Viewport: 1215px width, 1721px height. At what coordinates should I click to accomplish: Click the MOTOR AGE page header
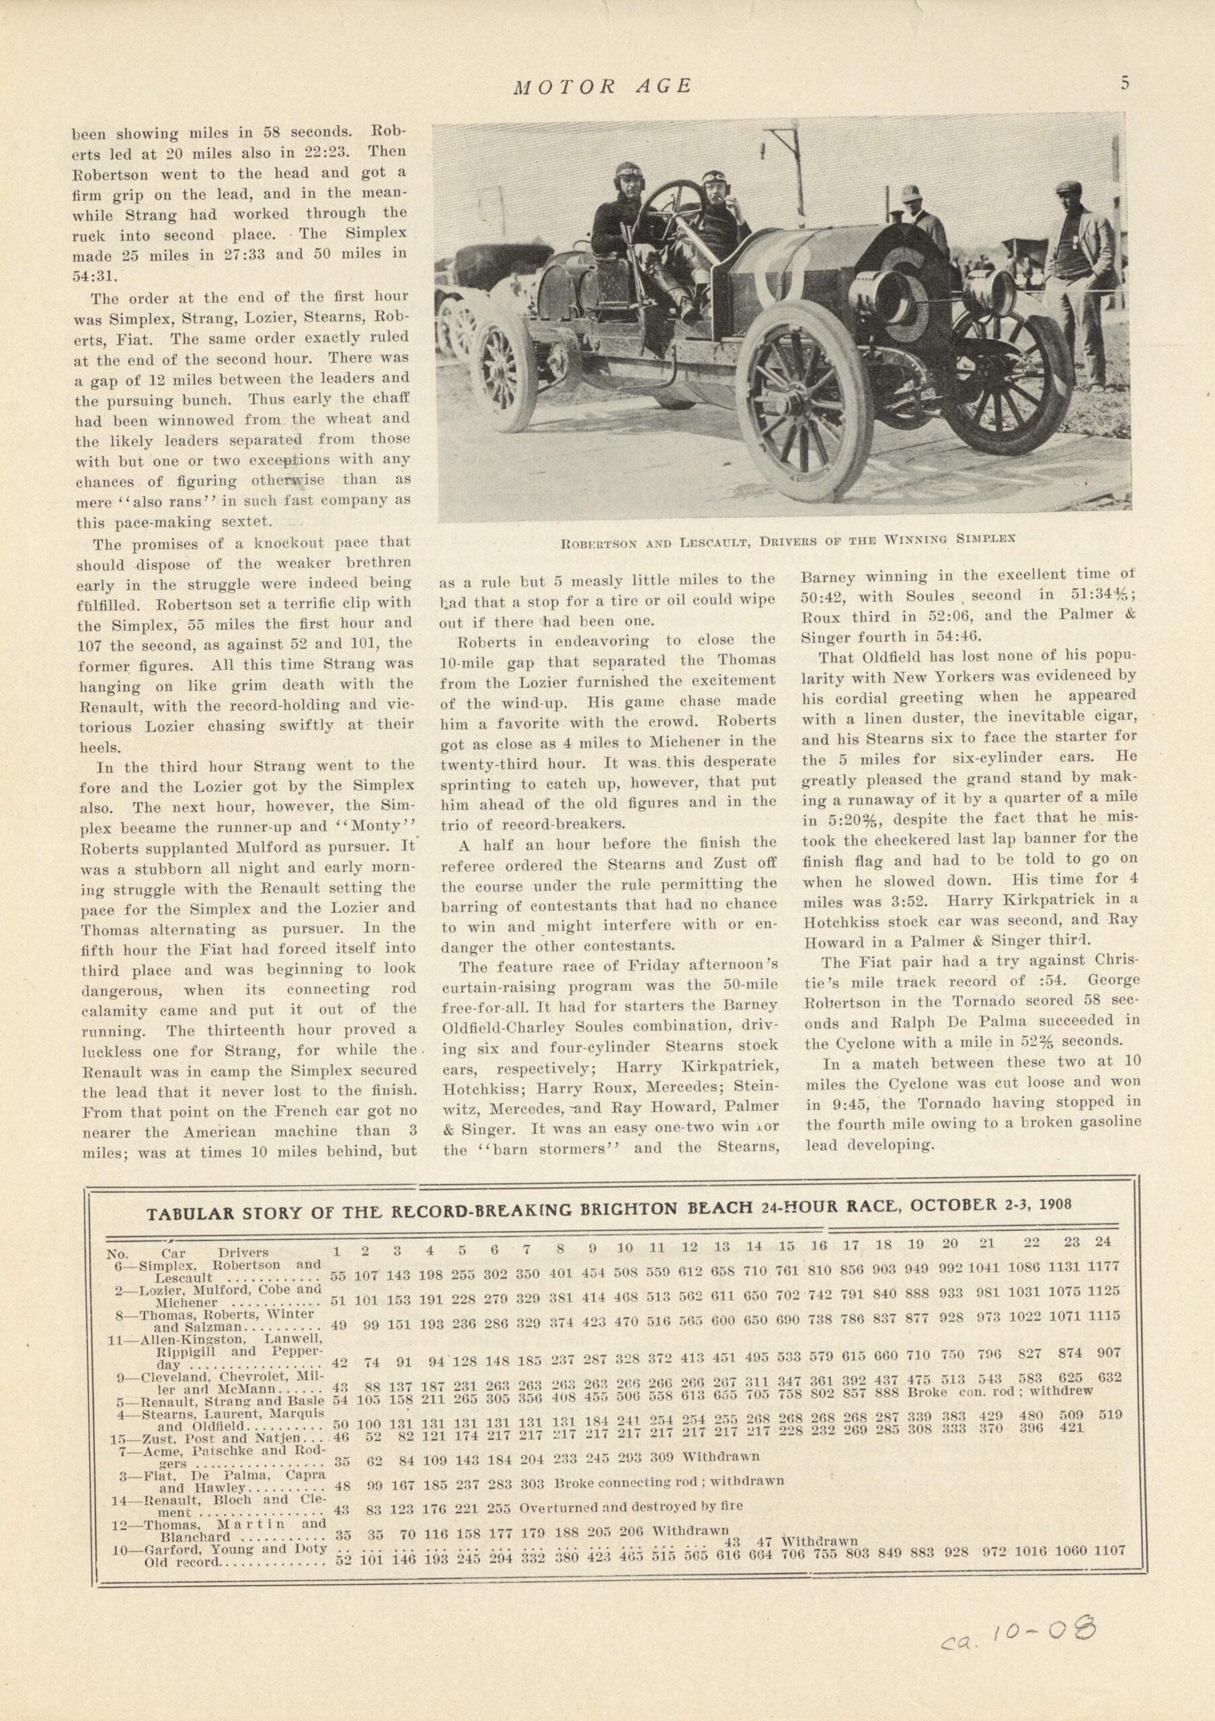tap(602, 87)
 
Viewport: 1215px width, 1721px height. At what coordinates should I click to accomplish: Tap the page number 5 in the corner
tap(1125, 83)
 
